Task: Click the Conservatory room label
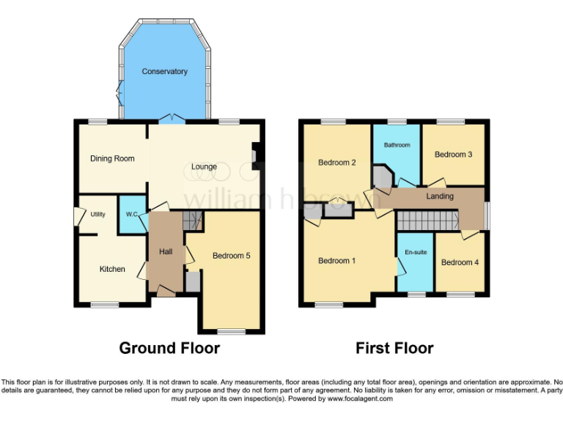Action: (164, 72)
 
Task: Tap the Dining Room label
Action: (112, 158)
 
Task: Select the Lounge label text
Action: (204, 167)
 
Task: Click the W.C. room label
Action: (133, 215)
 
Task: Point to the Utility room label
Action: (98, 215)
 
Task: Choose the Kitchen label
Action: (112, 269)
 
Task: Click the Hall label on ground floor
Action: (166, 252)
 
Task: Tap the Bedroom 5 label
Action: (232, 256)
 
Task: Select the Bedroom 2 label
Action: (337, 163)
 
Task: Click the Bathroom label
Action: (397, 145)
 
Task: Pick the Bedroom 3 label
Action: (453, 155)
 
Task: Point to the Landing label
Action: (440, 196)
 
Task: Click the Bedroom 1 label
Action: (337, 261)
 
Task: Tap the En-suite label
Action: (415, 252)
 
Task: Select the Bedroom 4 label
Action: (460, 262)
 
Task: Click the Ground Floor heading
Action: (169, 348)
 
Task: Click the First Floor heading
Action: (394, 348)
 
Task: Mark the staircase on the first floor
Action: (427, 220)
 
